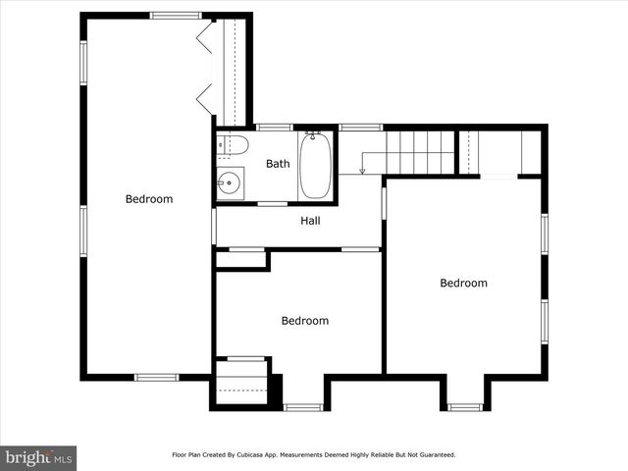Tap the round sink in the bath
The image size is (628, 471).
231,182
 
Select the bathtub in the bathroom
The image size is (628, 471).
316,165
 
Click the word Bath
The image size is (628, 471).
278,164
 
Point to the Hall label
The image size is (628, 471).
310,221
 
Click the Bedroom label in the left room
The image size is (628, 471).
149,199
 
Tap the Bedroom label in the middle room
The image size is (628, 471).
305,321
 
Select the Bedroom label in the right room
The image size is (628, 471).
463,284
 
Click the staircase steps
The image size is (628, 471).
420,151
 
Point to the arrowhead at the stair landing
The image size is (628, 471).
363,172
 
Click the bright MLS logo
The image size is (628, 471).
38,457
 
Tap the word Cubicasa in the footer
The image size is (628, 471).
258,455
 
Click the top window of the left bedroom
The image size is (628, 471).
177,16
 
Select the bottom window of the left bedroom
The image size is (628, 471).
156,378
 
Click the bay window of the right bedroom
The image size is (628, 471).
465,406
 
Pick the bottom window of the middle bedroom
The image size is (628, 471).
303,406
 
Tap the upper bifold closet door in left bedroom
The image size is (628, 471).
206,39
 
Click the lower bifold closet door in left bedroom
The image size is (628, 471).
206,97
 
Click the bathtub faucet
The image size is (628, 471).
315,134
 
